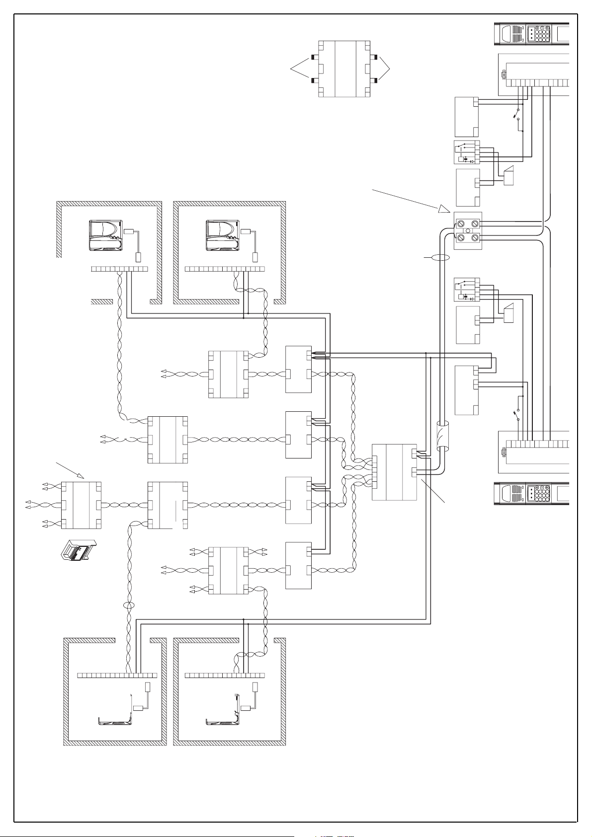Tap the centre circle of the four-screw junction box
click(468, 231)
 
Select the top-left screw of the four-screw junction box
click(460, 223)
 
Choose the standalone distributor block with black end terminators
click(344, 69)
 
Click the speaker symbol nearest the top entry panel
click(509, 177)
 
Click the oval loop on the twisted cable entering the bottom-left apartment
click(129, 606)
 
